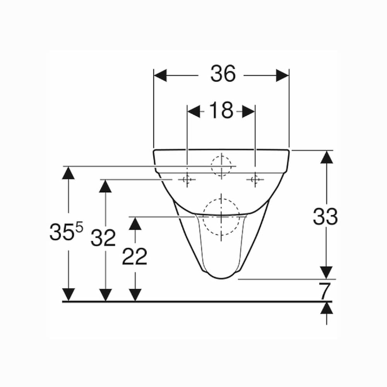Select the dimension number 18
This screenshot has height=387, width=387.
pyautogui.click(x=221, y=110)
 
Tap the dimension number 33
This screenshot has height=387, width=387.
pyautogui.click(x=325, y=216)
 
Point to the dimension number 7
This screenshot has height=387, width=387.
pyautogui.click(x=324, y=291)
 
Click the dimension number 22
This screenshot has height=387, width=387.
pyautogui.click(x=135, y=257)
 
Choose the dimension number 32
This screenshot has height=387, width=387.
pyautogui.click(x=103, y=238)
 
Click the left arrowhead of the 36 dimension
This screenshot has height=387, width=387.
pyautogui.click(x=160, y=75)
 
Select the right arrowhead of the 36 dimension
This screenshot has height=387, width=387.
pyautogui.click(x=283, y=75)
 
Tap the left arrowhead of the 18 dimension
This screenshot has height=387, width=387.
pyautogui.click(x=194, y=111)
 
